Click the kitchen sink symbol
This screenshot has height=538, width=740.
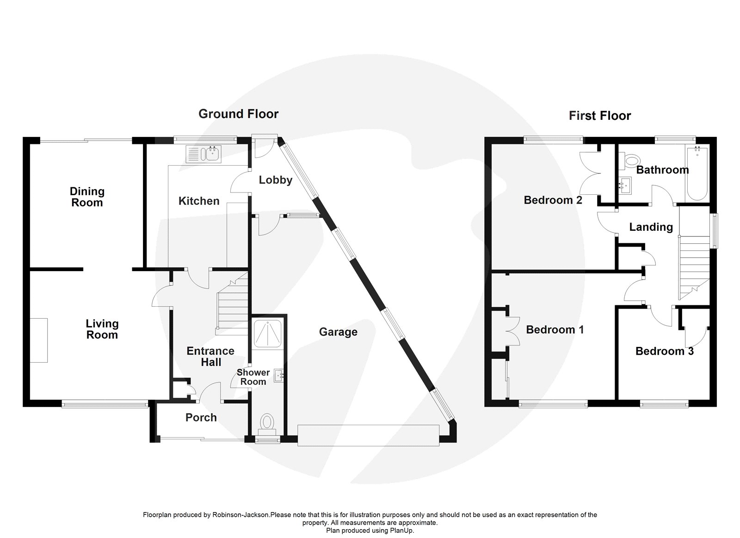click(x=203, y=154)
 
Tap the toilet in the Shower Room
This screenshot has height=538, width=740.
click(x=267, y=422)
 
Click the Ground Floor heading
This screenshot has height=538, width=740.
click(x=238, y=114)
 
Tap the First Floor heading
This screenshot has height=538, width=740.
click(x=599, y=116)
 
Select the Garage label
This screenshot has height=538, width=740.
click(x=338, y=332)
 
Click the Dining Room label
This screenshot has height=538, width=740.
click(x=87, y=197)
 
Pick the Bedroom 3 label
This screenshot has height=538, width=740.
click(x=664, y=352)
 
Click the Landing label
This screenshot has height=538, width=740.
click(x=651, y=227)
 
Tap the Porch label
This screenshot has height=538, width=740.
click(x=201, y=418)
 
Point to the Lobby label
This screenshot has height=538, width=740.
click(x=275, y=180)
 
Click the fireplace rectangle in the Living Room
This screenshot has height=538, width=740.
click(x=39, y=340)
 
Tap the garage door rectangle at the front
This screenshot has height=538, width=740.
click(x=368, y=435)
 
